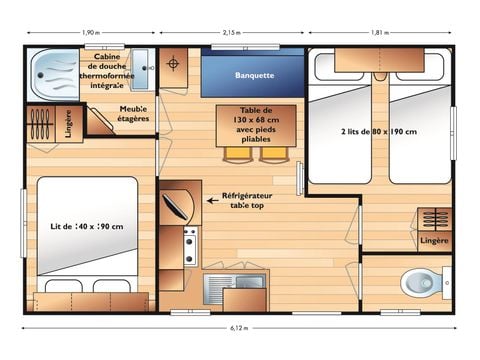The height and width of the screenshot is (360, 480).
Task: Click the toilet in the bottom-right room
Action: point(423,284)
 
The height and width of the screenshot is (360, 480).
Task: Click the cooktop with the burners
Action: point(189,246)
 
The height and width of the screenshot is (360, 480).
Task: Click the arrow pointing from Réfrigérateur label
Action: point(213,200)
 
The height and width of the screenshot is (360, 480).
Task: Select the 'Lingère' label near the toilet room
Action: point(434,241)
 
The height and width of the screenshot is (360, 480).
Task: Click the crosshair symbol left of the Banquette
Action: point(174,64)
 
